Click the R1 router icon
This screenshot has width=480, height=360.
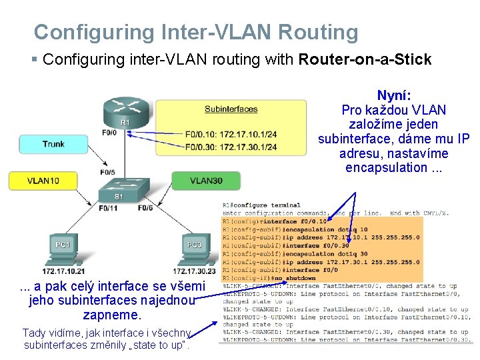pyautogui.click(x=125, y=112)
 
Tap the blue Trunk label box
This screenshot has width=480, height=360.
pyautogui.click(x=53, y=144)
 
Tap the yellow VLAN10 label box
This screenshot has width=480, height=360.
pyautogui.click(x=43, y=181)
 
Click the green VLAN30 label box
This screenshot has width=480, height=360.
pyautogui.click(x=206, y=181)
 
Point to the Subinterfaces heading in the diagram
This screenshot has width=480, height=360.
pyautogui.click(x=231, y=109)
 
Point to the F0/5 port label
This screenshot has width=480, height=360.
pyautogui.click(x=107, y=172)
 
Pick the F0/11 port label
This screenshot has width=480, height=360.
pyautogui.click(x=109, y=209)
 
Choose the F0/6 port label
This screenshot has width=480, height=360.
pyautogui.click(x=145, y=209)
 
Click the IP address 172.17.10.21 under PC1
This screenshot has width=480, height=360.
pyautogui.click(x=64, y=271)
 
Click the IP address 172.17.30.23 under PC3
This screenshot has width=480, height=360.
pyautogui.click(x=194, y=271)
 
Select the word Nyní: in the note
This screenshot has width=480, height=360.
pyautogui.click(x=394, y=95)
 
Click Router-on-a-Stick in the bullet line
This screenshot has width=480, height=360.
pyautogui.click(x=365, y=59)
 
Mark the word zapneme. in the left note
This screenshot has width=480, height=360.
pyautogui.click(x=112, y=315)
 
